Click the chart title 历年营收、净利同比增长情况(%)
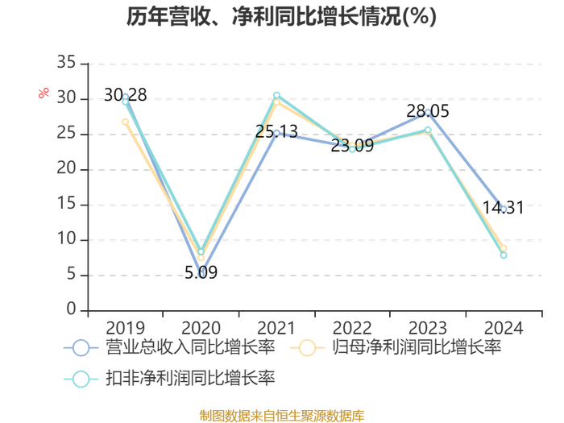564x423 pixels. coord(282,17)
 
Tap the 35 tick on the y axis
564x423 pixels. coord(66,62)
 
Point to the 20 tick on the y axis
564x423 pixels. coord(66,168)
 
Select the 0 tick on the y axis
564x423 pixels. coord(71,309)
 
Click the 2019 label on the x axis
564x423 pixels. coord(125,328)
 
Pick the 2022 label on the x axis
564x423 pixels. coord(352,328)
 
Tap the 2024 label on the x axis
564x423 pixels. coord(504,328)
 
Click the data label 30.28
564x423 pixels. coord(125,95)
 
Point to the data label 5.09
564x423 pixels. coord(201,272)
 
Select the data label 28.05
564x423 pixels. coord(428,111)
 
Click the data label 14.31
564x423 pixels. coord(504,208)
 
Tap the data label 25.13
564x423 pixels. coord(276,131)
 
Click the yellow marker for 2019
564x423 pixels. coord(125,122)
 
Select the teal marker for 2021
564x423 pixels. coord(276,95)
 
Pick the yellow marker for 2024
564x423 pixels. coord(504,248)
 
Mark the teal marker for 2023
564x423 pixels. coord(428,130)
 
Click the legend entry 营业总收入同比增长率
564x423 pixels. coord(169,348)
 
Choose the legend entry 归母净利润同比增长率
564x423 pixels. coord(396,348)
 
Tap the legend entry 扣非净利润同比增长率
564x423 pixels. coord(169,379)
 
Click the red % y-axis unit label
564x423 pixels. coord(44,93)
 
